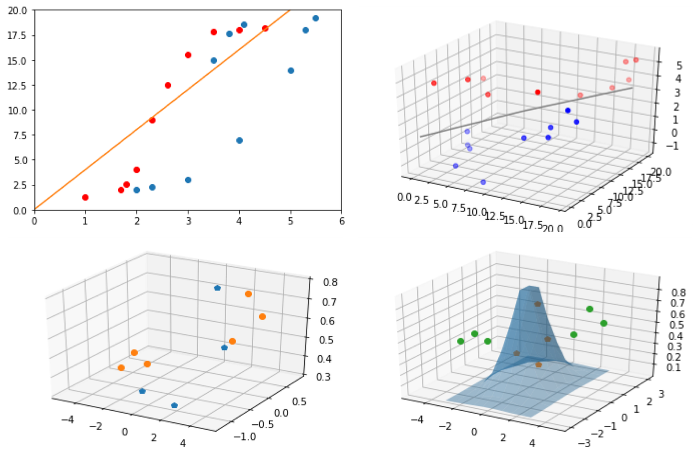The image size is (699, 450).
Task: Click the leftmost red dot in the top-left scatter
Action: (85, 197)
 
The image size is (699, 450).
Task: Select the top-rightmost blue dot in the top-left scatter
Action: (316, 18)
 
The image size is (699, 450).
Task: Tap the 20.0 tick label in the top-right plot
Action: (661, 172)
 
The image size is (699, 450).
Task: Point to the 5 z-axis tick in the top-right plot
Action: (679, 66)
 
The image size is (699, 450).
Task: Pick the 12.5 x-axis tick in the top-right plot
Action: (496, 215)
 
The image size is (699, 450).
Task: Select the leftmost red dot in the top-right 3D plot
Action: (434, 83)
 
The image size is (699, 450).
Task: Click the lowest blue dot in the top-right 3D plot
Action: (483, 182)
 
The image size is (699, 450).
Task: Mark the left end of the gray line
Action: (421, 136)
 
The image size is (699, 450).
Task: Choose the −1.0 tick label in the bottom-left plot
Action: (245, 436)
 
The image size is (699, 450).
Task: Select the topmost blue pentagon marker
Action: (217, 288)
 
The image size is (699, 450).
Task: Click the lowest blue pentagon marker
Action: (174, 405)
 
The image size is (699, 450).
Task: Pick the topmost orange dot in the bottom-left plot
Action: (248, 294)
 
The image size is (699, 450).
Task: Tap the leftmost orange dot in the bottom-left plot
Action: (121, 368)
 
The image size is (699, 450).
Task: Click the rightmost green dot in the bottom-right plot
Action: (604, 323)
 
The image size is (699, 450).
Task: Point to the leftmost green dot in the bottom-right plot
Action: (461, 341)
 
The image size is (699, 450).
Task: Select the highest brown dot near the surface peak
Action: (538, 304)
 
